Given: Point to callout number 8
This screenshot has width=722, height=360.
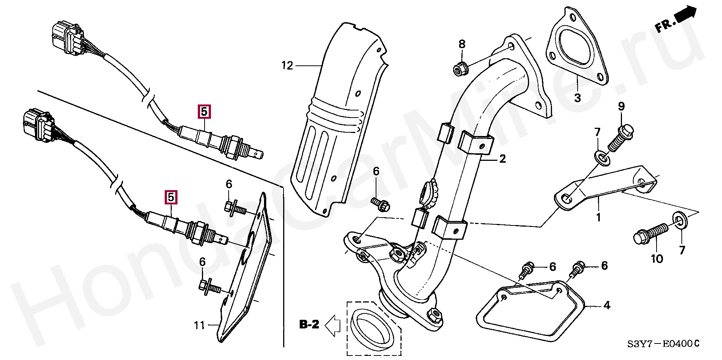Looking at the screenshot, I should (x=462, y=44).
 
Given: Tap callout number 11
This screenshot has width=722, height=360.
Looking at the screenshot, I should (x=199, y=325).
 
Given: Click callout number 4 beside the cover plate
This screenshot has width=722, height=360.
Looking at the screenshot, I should (x=607, y=306).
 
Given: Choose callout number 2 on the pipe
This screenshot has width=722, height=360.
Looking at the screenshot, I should (x=502, y=159).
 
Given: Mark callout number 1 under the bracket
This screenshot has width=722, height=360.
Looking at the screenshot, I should (x=598, y=217).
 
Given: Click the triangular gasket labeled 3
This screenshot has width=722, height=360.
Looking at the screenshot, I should (x=578, y=49).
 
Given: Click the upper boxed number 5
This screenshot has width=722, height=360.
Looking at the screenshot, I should (x=205, y=112).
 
